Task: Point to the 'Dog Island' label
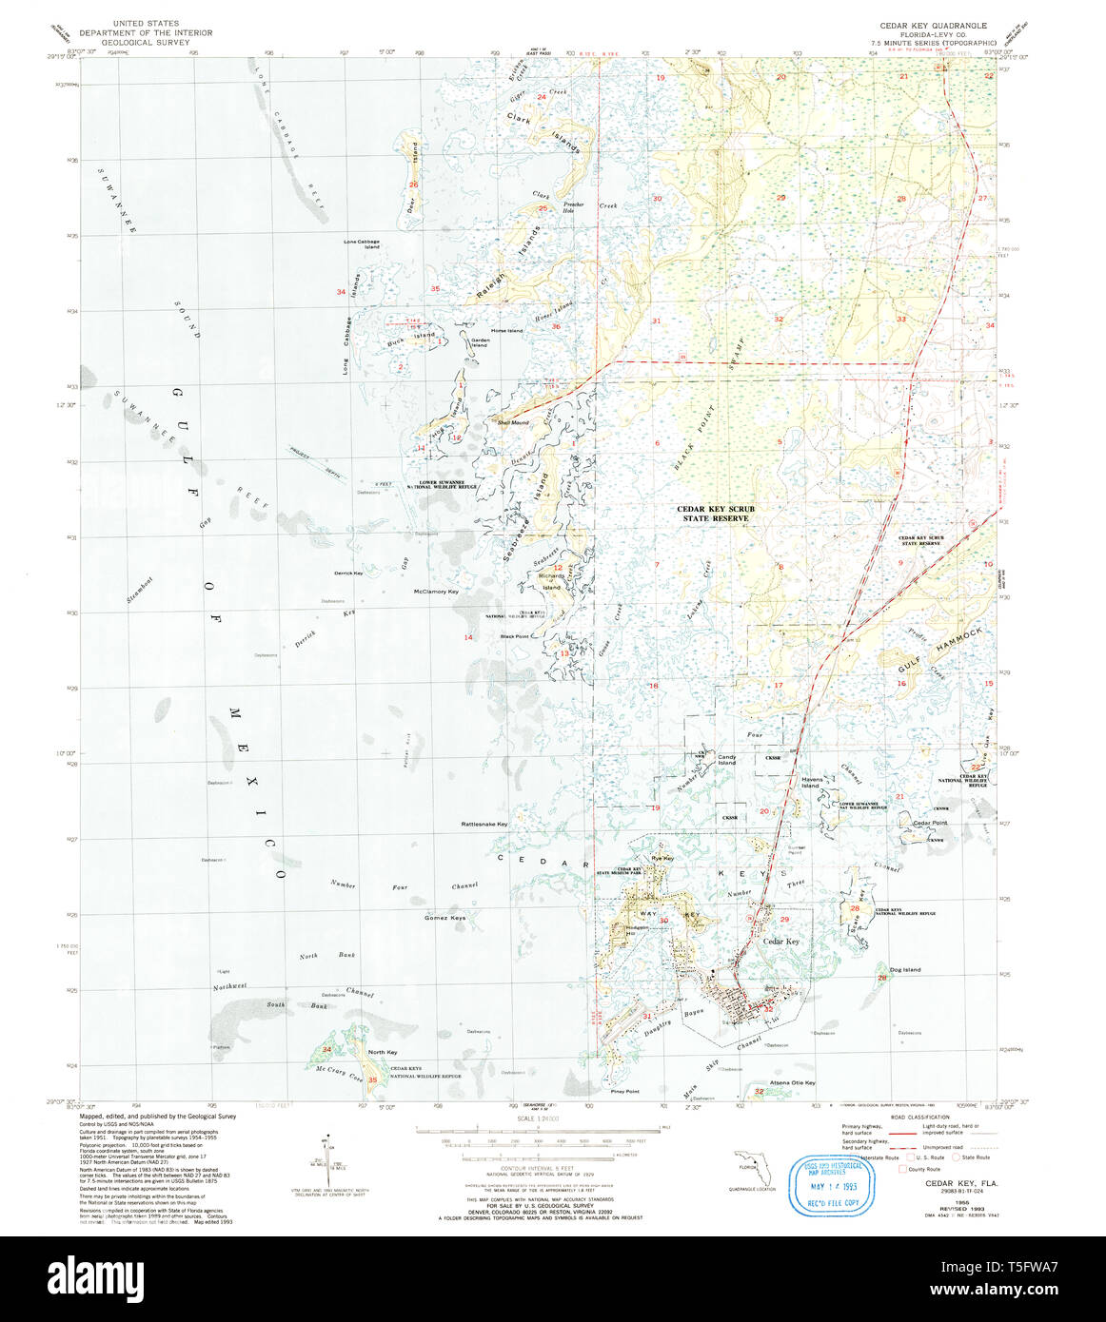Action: click(x=905, y=969)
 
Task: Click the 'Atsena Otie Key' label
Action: click(x=792, y=1082)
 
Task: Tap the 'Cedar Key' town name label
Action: click(x=780, y=941)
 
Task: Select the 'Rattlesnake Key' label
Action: click(x=484, y=824)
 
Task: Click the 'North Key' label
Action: click(x=383, y=1052)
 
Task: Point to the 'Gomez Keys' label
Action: click(x=444, y=918)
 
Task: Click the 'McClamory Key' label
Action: click(x=436, y=592)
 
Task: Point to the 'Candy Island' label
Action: click(x=727, y=760)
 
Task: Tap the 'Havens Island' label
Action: click(x=811, y=783)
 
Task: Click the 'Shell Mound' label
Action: click(x=511, y=421)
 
